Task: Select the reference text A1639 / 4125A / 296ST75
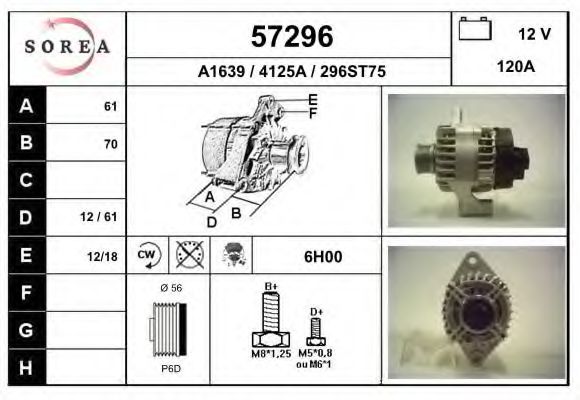point(291,71)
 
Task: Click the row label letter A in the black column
point(26,106)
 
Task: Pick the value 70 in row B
point(110,143)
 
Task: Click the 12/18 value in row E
point(102,256)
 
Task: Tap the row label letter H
point(26,367)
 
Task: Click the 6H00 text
point(322,256)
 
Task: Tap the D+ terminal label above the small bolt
point(316,312)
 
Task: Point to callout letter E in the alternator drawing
point(313,99)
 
